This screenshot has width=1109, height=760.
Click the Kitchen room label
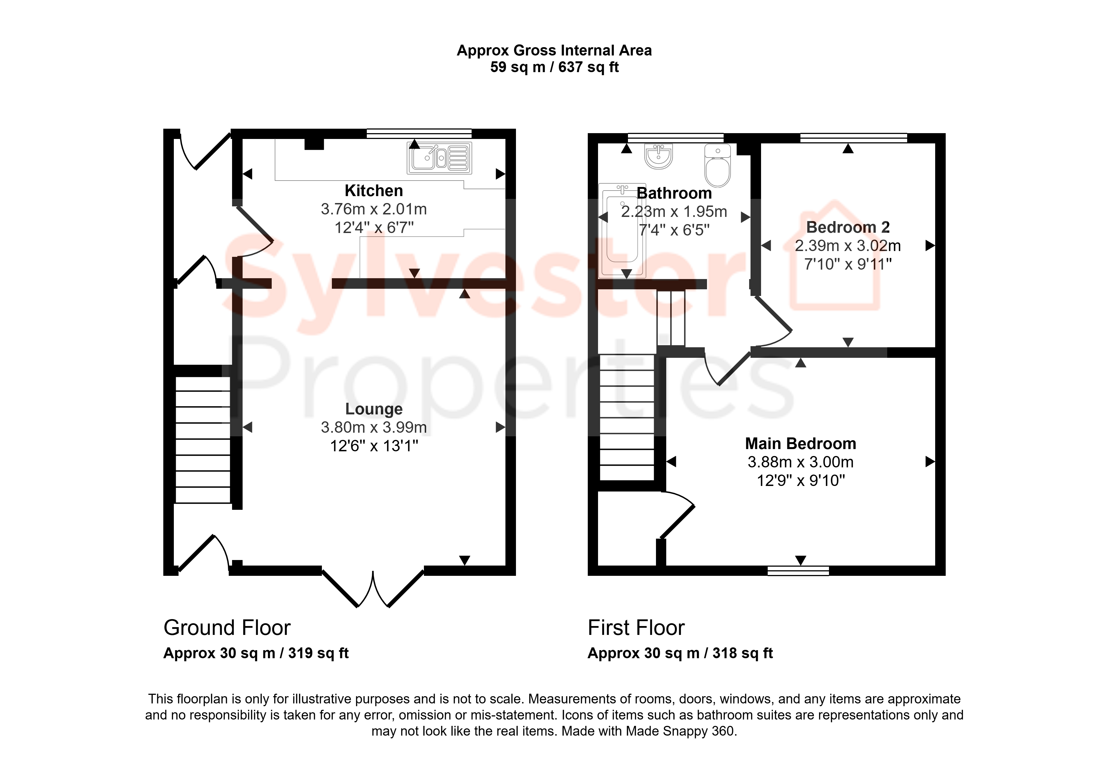(x=374, y=191)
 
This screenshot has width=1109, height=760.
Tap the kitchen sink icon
(x=439, y=158)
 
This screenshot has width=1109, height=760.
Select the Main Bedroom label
(x=800, y=444)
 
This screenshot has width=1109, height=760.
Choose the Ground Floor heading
(x=227, y=627)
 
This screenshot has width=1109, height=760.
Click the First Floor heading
(x=636, y=627)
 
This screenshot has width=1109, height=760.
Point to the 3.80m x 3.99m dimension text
(x=374, y=427)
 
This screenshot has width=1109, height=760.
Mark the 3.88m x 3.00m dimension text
(x=800, y=462)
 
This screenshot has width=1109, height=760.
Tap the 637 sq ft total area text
(x=588, y=67)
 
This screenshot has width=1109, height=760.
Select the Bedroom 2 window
(x=853, y=138)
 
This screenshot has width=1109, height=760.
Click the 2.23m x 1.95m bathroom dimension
(x=674, y=211)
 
